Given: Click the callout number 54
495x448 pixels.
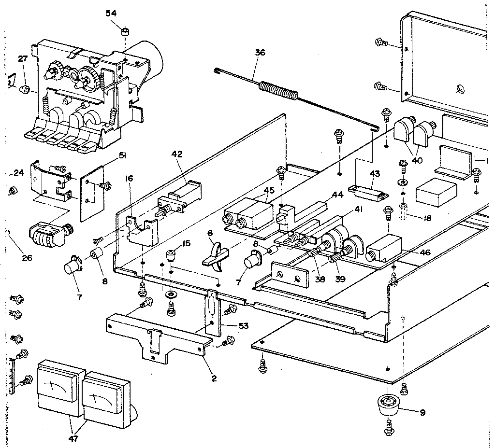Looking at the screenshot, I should [111, 13].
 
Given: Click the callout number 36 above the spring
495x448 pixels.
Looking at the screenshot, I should [260, 53].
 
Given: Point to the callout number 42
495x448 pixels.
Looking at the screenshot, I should [177, 154].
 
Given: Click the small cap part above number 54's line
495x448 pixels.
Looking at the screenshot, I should [125, 32].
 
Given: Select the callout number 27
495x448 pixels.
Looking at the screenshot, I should [23, 59].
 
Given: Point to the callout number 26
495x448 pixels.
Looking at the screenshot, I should [27, 258].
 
